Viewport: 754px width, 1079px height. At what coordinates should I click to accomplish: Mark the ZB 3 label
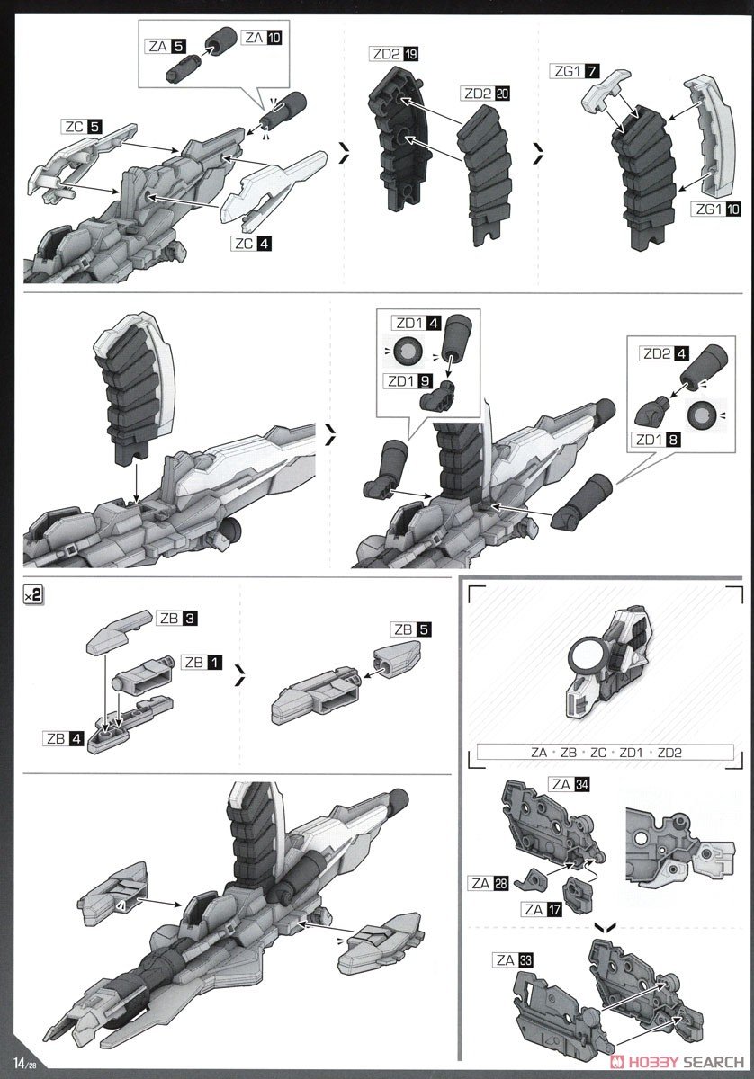[179, 619]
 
